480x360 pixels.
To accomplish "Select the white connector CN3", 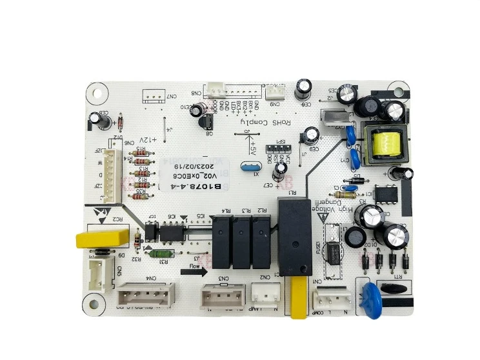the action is pos(223,296).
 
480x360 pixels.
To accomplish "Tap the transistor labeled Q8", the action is pos(210,126).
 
